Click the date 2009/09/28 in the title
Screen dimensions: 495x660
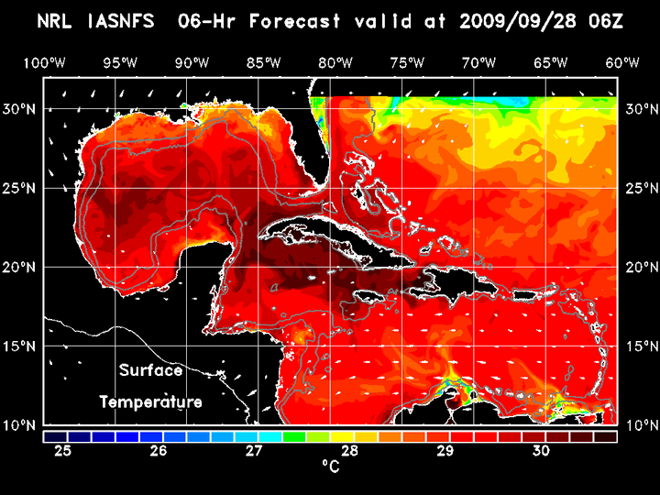point(526,20)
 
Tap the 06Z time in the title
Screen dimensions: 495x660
point(606,20)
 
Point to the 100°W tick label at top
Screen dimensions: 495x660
point(44,63)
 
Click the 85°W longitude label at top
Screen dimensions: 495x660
point(263,63)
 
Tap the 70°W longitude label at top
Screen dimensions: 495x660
point(479,63)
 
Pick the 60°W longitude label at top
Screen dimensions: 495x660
point(623,63)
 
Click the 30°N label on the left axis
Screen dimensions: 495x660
point(22,109)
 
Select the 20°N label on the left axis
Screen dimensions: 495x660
point(22,268)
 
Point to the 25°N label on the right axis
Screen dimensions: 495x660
point(640,189)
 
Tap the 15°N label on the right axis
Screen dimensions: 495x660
point(640,346)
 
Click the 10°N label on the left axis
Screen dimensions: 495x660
point(22,425)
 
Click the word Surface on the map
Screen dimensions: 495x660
point(150,371)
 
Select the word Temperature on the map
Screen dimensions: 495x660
point(150,401)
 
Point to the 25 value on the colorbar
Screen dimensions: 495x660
point(63,451)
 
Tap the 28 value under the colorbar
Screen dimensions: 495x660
point(349,451)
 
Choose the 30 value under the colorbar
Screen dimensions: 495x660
point(541,451)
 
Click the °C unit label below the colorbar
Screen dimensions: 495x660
point(330,467)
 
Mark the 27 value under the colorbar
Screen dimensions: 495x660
point(254,451)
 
